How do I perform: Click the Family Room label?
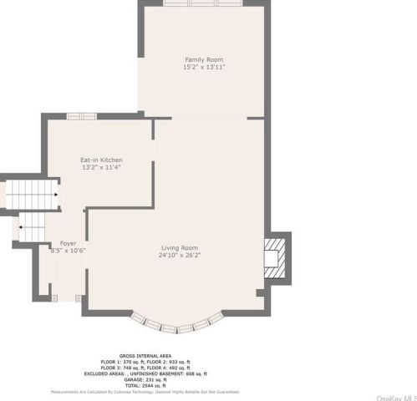[204, 59]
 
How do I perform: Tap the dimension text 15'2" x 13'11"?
[204, 67]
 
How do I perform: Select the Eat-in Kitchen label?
[101, 160]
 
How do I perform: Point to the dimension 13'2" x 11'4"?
[101, 167]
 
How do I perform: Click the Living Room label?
[181, 247]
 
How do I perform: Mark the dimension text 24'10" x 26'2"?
[181, 255]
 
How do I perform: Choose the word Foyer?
[68, 243]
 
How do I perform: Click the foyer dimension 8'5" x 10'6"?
[68, 251]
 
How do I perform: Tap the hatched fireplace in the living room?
[274, 256]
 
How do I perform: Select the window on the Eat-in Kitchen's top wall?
[82, 115]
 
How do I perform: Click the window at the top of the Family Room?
[204, 3]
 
